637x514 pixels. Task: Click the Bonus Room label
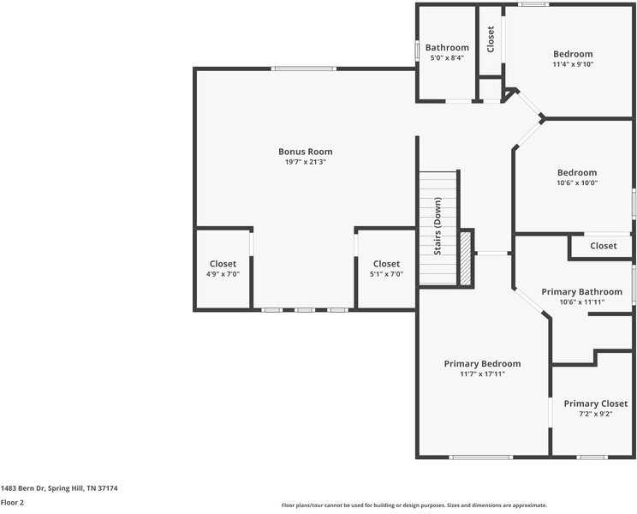(x=305, y=152)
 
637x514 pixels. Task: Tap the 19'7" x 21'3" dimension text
(x=305, y=162)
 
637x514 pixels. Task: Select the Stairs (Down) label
(x=438, y=227)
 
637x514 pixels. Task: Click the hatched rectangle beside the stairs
(x=466, y=257)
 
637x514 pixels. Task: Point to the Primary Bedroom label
(x=482, y=363)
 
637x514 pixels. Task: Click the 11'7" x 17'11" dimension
(x=482, y=374)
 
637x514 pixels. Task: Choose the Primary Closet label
(x=595, y=403)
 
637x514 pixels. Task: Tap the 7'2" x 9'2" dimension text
(x=595, y=414)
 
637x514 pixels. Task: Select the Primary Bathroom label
(x=581, y=292)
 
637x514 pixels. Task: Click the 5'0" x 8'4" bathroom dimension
(x=447, y=57)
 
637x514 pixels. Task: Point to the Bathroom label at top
(x=447, y=47)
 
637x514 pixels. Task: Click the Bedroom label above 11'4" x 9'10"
(x=573, y=54)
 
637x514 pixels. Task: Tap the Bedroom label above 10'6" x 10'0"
(x=576, y=172)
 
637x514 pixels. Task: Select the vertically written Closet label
(x=491, y=39)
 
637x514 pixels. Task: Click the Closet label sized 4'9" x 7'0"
(x=223, y=264)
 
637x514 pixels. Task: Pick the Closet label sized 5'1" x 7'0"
(x=386, y=264)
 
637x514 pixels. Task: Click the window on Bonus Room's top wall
(x=303, y=69)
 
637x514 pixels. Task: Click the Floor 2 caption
(x=13, y=503)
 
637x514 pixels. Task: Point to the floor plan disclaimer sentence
(x=414, y=505)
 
